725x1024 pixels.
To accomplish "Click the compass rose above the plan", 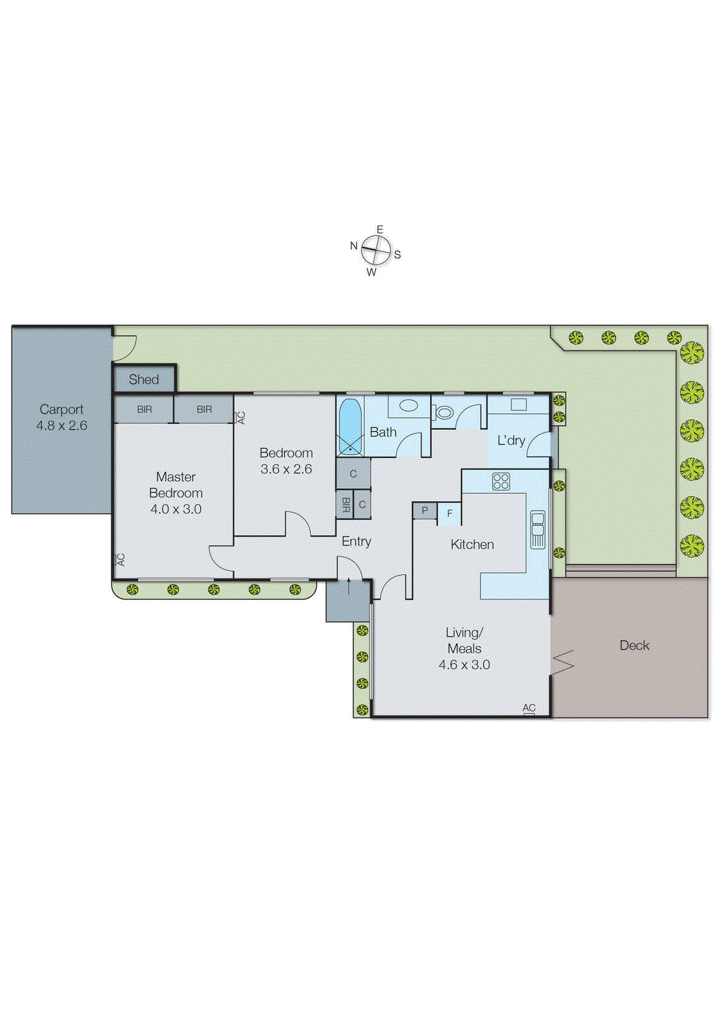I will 376,250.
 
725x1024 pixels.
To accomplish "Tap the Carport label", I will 61,410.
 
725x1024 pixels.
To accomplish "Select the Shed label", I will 143,380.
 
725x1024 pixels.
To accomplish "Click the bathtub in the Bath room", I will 349,426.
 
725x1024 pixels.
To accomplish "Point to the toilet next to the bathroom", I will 444,412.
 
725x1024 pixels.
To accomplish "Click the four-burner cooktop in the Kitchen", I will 501,481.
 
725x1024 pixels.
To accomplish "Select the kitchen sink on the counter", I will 538,529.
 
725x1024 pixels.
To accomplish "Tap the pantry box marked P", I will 424,511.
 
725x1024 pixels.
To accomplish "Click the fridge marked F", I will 449,513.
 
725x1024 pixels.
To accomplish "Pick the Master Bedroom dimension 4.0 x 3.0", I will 176,509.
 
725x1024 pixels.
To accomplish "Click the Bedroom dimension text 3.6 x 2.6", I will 286,469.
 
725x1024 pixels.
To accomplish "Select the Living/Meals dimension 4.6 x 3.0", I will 464,665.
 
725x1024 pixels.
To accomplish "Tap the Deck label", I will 634,646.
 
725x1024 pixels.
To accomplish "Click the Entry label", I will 356,541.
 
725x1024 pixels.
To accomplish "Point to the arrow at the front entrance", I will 348,586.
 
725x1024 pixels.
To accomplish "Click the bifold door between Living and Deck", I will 563,662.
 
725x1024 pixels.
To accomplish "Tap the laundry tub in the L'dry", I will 518,404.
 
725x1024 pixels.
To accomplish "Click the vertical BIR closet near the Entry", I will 345,504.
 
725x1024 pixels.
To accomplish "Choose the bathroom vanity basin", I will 408,405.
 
